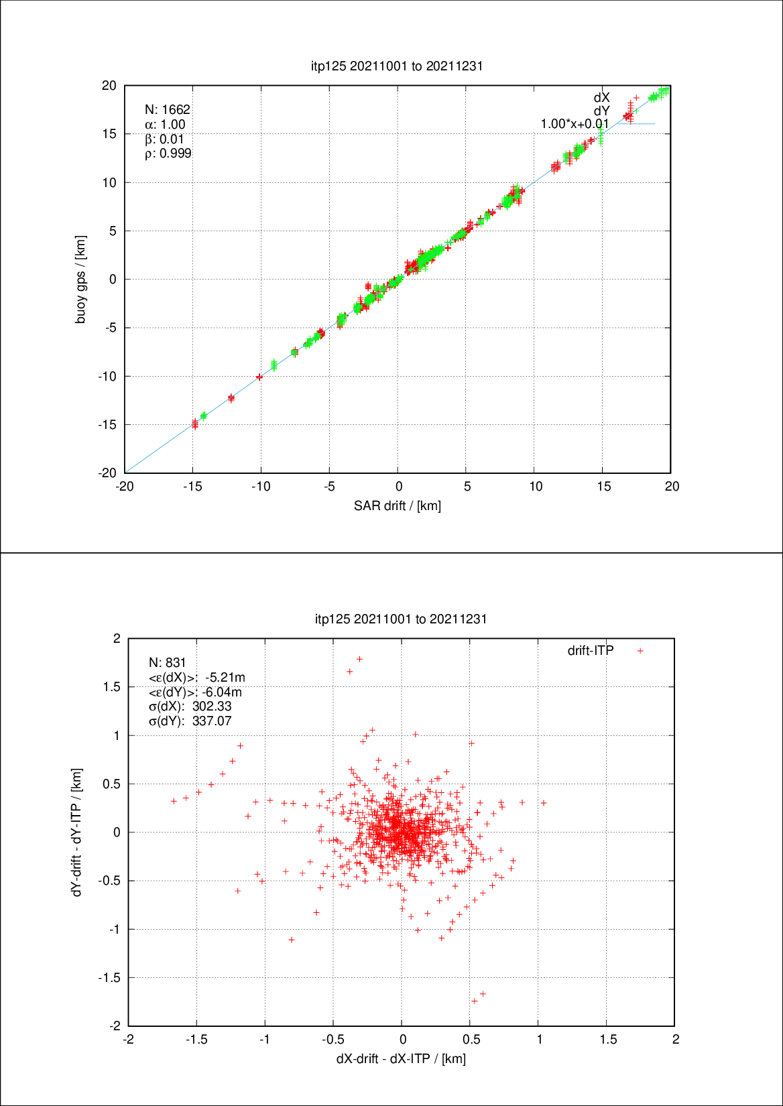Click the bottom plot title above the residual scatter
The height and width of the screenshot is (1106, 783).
[401, 619]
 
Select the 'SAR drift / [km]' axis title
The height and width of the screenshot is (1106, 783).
[398, 505]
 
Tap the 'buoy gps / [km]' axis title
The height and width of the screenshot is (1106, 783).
[80, 280]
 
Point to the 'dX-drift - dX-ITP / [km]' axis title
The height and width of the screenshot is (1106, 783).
[401, 1058]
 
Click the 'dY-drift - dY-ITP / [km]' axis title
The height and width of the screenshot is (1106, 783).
[77, 832]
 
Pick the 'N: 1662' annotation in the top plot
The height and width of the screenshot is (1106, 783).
[168, 109]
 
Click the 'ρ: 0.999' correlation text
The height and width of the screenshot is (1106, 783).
[168, 153]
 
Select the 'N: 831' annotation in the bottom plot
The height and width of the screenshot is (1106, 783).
[168, 662]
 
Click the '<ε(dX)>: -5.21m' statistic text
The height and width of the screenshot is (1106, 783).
[197, 677]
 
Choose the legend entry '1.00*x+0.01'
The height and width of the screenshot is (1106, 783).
[575, 124]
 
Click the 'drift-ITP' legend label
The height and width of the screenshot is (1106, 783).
[591, 650]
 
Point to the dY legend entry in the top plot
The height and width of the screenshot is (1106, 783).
[601, 111]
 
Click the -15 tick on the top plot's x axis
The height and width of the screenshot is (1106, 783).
[193, 487]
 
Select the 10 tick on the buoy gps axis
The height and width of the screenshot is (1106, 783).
[109, 182]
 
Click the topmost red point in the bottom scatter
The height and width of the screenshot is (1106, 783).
[359, 659]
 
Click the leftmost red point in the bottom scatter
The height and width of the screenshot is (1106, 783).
[174, 801]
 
